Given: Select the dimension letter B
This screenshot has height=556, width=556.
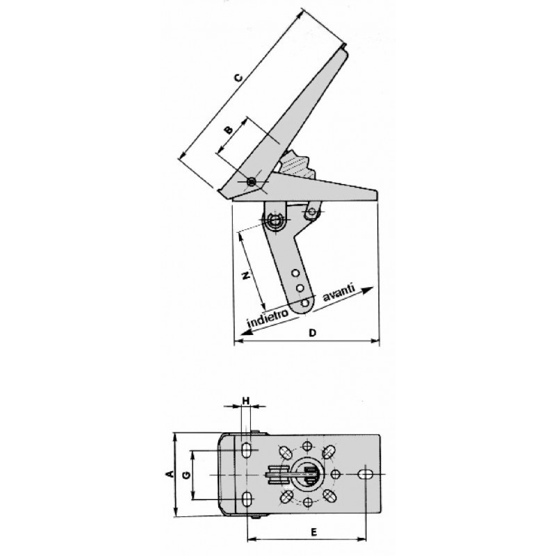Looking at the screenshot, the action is pyautogui.click(x=229, y=129).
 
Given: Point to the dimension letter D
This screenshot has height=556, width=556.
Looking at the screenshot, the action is pyautogui.click(x=312, y=333).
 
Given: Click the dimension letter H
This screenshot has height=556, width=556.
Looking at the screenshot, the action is pyautogui.click(x=246, y=401).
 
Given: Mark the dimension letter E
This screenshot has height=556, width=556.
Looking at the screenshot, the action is pyautogui.click(x=313, y=532).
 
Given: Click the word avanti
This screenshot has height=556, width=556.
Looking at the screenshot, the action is pyautogui.click(x=338, y=292).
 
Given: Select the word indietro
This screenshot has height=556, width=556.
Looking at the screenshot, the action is pyautogui.click(x=268, y=319).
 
